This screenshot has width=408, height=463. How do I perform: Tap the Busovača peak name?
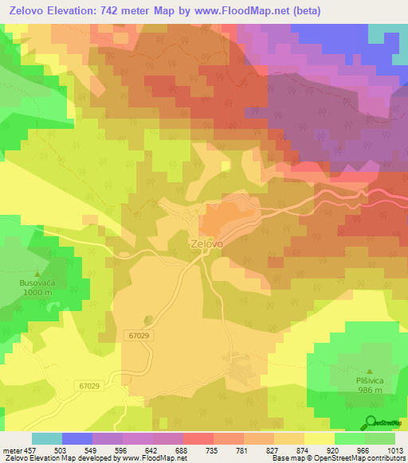pyautogui.click(x=39, y=282)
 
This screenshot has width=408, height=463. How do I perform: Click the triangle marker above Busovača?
pyautogui.click(x=38, y=273)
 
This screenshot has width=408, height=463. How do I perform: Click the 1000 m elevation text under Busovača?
pyautogui.click(x=39, y=292)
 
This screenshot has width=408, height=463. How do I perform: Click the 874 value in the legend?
pyautogui.click(x=289, y=450)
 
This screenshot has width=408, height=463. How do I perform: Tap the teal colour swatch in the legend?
pyautogui.click(x=46, y=438)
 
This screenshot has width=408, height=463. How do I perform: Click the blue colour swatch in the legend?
pyautogui.click(x=76, y=438)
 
